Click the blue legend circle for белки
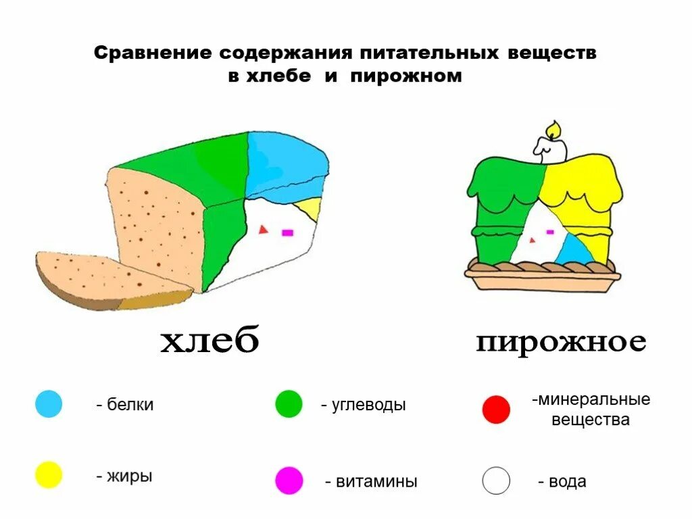click(49, 404)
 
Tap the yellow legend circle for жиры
click(49, 475)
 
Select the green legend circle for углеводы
click(289, 404)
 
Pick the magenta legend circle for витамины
click(289, 480)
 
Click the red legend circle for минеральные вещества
click(496, 410)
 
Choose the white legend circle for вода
click(496, 480)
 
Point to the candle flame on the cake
click(553, 128)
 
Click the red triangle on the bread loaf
click(262, 230)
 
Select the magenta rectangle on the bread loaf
click(287, 232)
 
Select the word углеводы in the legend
click(368, 405)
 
